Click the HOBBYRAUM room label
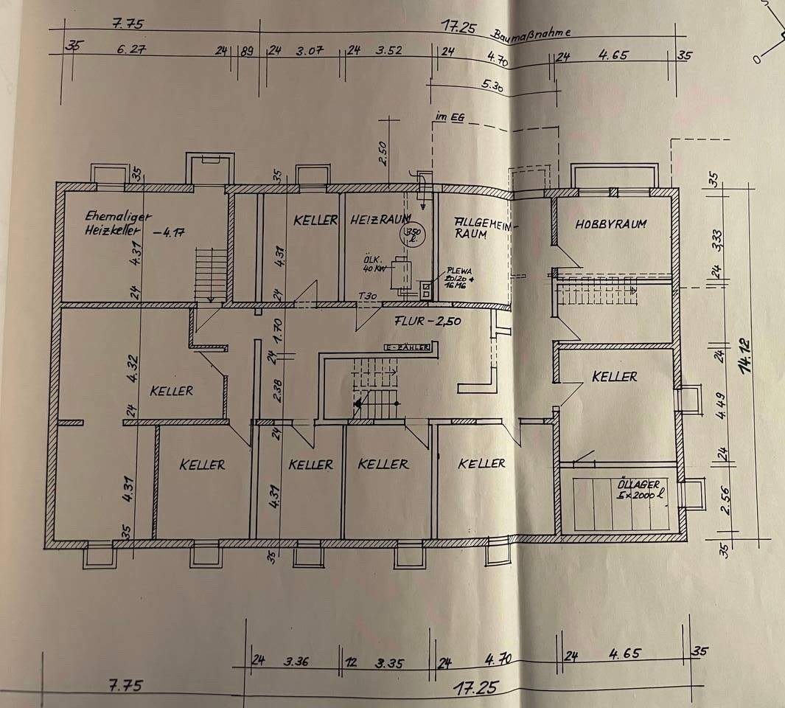click(x=610, y=223)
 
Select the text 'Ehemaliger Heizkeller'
click(x=118, y=223)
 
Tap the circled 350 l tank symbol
click(x=410, y=235)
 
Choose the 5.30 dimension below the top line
click(x=492, y=85)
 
